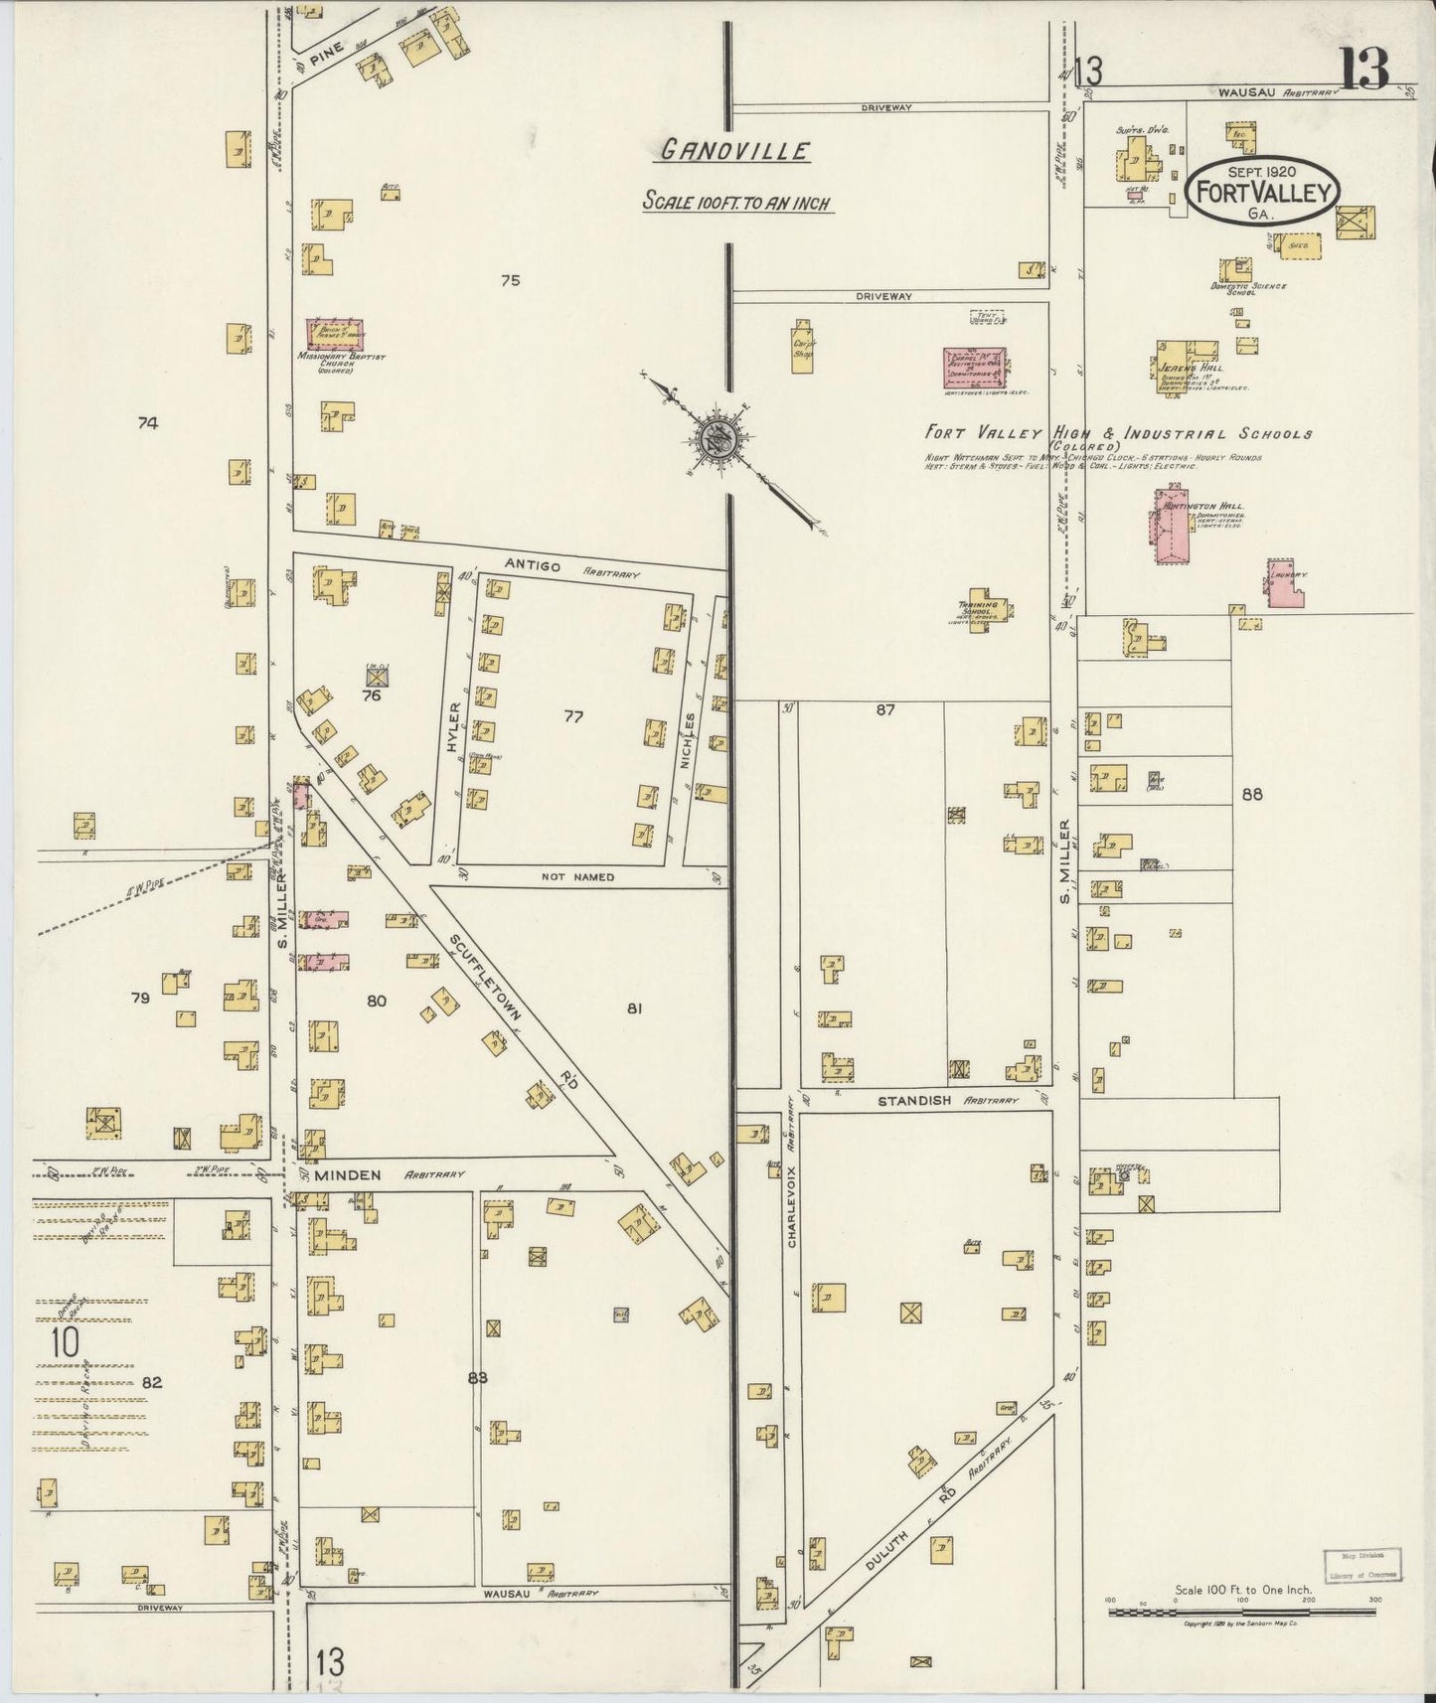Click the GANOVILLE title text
pos(735,151)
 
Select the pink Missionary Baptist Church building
pos(335,334)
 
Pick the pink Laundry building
pos(1285,585)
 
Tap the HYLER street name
pos(454,727)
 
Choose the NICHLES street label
pos(688,739)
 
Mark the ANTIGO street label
pos(533,566)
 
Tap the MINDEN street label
pos(348,1175)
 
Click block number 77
pos(573,716)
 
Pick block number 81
pos(635,1008)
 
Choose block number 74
pos(148,423)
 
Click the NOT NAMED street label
pos(577,877)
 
